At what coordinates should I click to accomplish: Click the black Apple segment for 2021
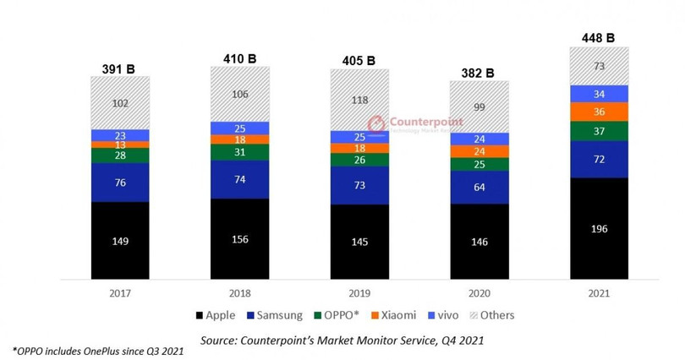[x=598, y=228]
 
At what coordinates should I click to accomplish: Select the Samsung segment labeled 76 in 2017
[x=120, y=183]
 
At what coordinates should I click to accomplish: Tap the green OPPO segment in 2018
[x=239, y=152]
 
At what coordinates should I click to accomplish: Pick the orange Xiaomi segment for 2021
[x=598, y=112]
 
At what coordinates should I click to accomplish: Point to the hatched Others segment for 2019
[x=359, y=100]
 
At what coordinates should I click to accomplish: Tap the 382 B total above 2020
[x=479, y=72]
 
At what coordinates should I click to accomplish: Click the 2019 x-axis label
[x=359, y=292]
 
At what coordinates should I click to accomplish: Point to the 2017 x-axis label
[x=120, y=292]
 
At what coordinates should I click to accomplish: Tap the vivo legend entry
[x=446, y=315]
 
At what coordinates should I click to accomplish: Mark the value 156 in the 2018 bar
[x=239, y=239]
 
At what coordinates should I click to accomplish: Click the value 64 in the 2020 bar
[x=479, y=188]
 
